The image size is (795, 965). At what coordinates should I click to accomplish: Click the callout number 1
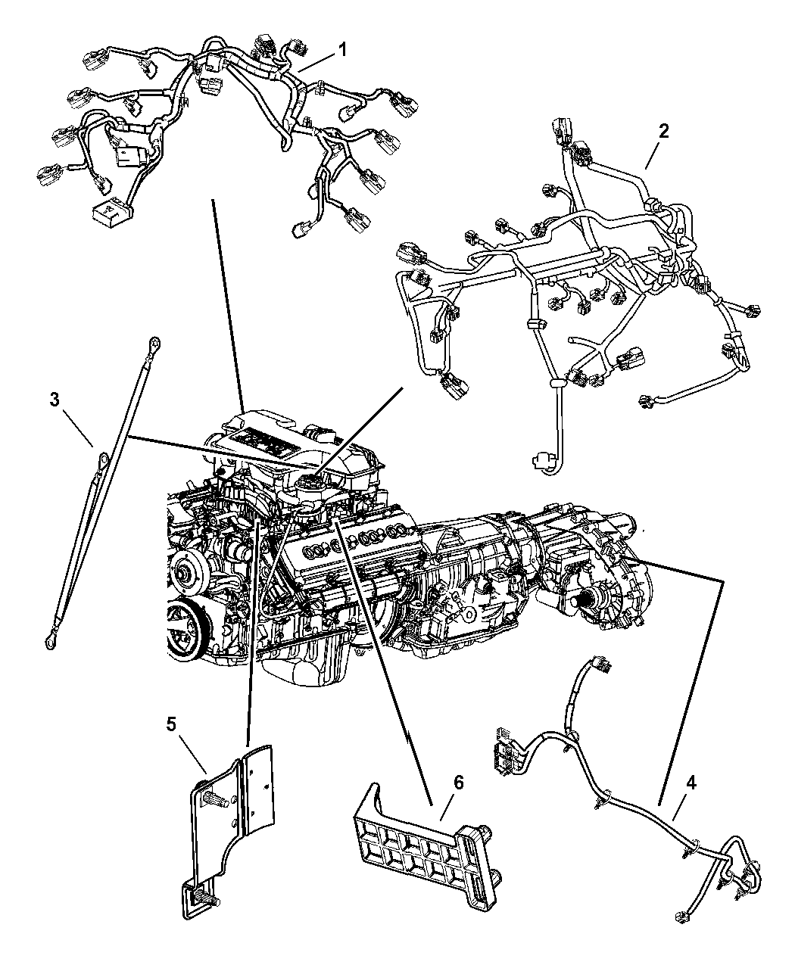(342, 50)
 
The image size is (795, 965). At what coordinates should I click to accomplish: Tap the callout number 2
(664, 131)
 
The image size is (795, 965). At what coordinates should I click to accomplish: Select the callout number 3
(55, 400)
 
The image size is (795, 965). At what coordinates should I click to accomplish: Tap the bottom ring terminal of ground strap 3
(50, 640)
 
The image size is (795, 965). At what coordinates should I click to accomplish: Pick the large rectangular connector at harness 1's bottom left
(112, 213)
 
